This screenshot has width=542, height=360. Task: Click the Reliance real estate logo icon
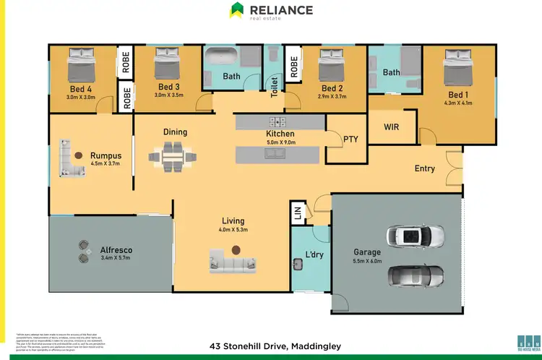pyautogui.click(x=237, y=10)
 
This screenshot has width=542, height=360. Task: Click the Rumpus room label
pyautogui.click(x=105, y=154)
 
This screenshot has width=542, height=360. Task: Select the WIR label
pyautogui.click(x=391, y=127)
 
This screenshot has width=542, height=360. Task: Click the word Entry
pyautogui.click(x=424, y=168)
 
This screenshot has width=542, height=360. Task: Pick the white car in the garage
pyautogui.click(x=414, y=236)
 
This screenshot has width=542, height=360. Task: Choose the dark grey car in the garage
pyautogui.click(x=415, y=275)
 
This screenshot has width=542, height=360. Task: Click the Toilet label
pyautogui.click(x=274, y=87)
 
